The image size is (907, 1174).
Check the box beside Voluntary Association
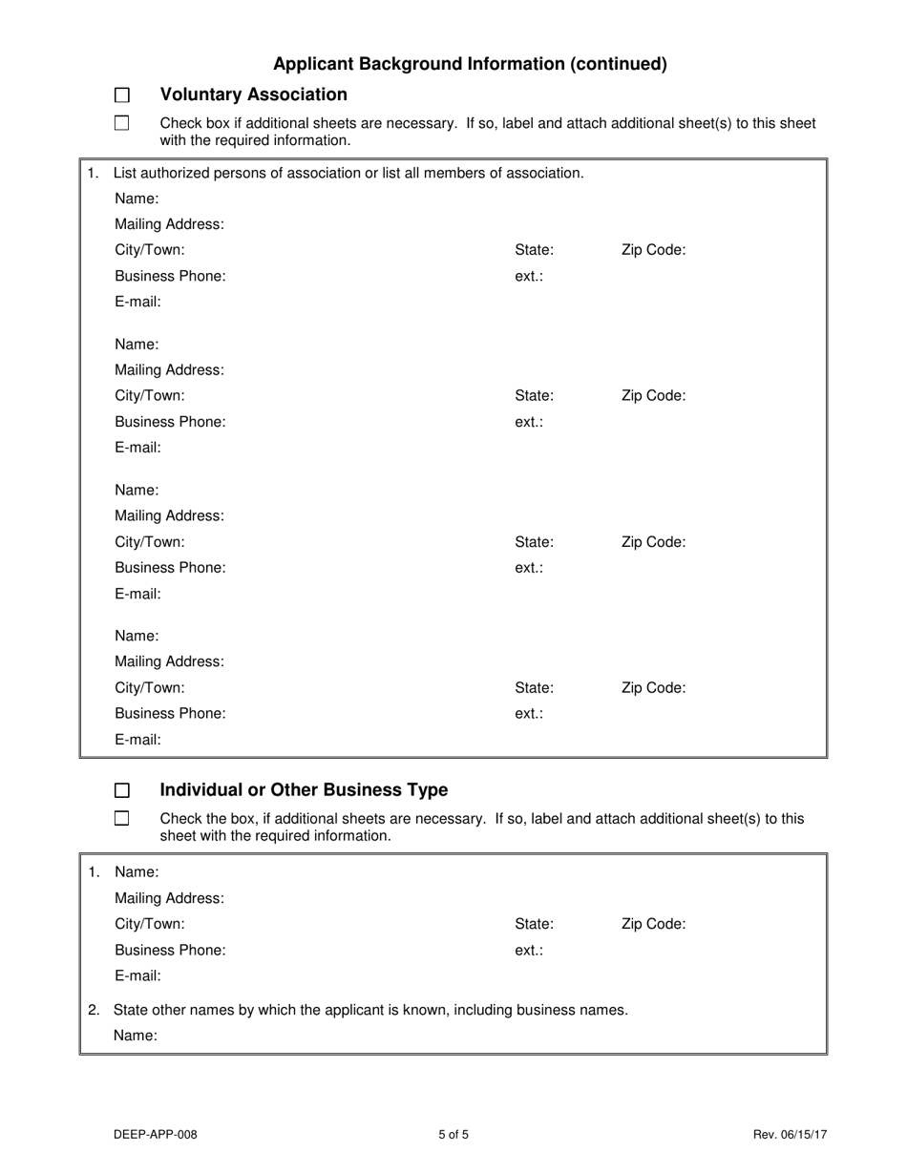121,94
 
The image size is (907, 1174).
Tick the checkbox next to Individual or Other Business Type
121,790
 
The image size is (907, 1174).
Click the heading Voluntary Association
253,94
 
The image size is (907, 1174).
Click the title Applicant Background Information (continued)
470,64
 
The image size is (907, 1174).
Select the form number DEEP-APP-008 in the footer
155,1135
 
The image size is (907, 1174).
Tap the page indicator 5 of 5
453,1135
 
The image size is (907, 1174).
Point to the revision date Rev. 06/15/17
790,1135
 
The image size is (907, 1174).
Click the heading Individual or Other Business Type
304,790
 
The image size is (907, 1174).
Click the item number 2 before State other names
93,1010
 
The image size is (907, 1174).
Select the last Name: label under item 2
135,1036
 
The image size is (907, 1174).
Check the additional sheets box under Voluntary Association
121,122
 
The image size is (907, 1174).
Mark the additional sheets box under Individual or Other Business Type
121,818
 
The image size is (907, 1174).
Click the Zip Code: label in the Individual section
653,924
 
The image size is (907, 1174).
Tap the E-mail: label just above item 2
137,975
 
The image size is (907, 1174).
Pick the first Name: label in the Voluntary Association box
137,199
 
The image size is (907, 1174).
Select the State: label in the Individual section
534,924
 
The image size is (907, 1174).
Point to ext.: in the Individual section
529,951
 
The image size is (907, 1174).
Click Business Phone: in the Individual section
170,951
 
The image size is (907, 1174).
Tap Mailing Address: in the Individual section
169,898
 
